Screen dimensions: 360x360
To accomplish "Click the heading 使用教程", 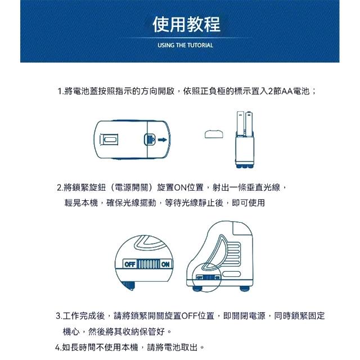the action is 186,24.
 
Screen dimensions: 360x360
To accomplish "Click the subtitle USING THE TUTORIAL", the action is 185,45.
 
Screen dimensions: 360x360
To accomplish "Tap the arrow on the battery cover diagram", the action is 163,139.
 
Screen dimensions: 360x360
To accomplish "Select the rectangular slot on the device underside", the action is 109,139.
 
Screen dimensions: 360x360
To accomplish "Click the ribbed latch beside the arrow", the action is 150,139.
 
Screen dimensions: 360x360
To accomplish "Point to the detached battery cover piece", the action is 214,134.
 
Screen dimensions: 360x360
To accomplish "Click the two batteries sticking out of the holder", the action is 244,124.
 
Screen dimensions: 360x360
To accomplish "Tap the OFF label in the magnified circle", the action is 129,264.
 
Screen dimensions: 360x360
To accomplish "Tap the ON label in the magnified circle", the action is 165,264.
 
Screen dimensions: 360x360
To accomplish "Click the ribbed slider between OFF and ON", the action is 148,264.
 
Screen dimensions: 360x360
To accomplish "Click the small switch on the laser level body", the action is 208,277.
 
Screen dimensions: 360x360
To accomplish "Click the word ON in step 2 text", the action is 181,187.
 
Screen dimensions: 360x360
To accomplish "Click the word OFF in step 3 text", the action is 189,316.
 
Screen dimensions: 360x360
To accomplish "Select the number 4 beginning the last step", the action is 57,348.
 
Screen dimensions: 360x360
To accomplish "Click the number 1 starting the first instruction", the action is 60,91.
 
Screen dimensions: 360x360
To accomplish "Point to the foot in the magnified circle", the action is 128,285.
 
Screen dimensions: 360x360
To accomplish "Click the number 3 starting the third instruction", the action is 58,316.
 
